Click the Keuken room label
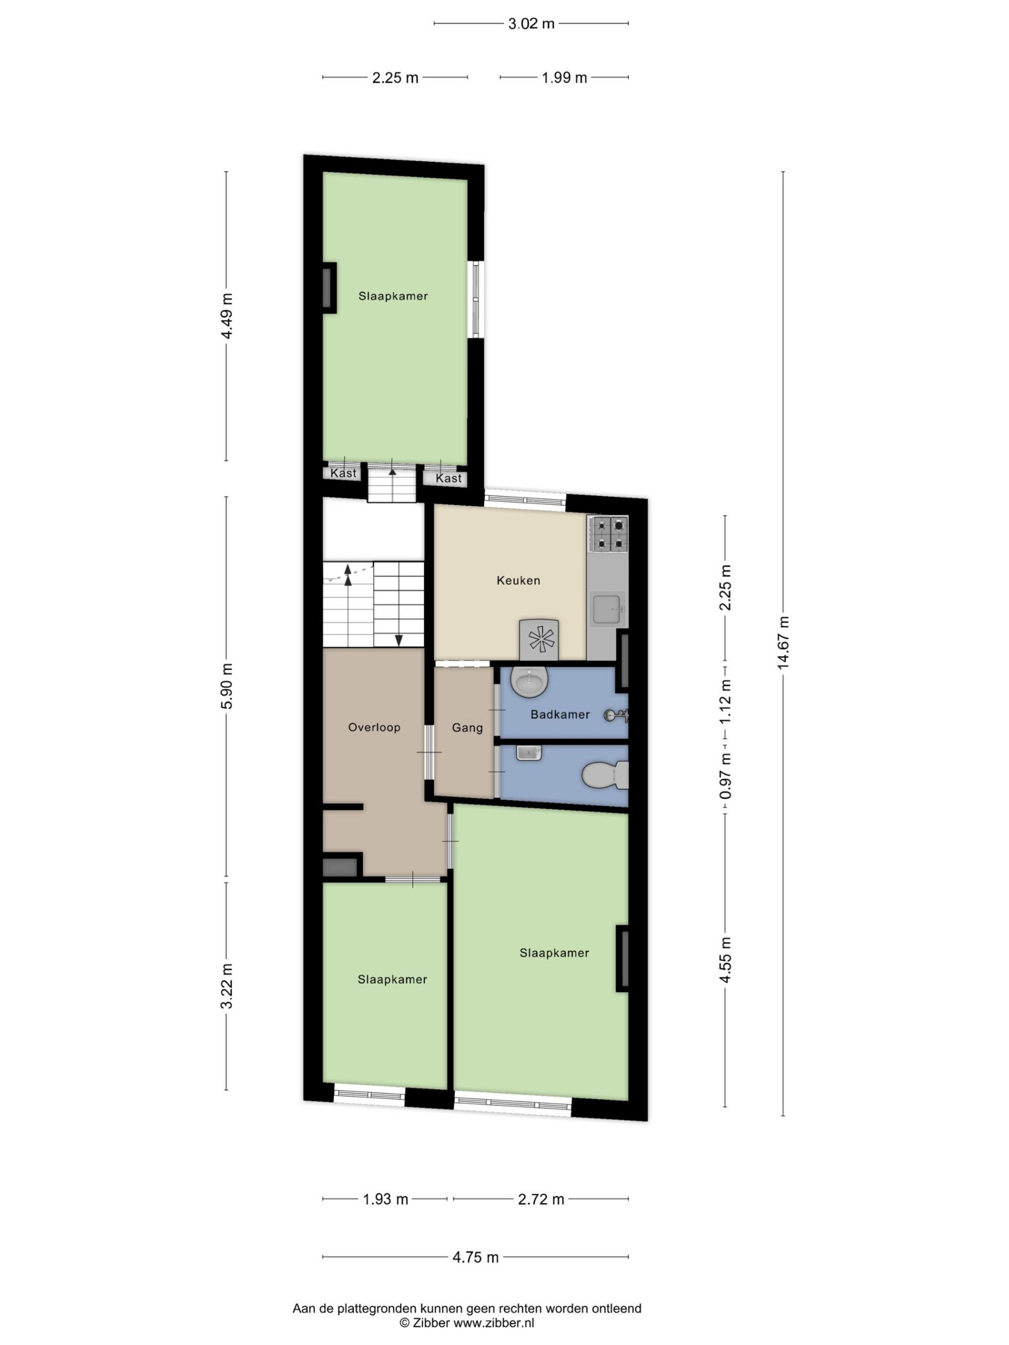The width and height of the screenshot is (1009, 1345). tap(518, 580)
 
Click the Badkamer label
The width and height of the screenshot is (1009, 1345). tap(560, 715)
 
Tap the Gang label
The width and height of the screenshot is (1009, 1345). tap(468, 728)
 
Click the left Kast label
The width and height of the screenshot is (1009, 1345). tap(344, 473)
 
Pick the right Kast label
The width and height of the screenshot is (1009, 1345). tap(449, 479)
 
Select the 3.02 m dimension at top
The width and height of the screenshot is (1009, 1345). tap(531, 24)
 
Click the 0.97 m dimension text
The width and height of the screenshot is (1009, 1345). tap(725, 777)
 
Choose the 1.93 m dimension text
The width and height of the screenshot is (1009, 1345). tap(385, 1200)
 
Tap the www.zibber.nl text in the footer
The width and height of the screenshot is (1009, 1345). tap(494, 1322)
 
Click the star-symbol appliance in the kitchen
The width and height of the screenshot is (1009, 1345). tap(539, 639)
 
